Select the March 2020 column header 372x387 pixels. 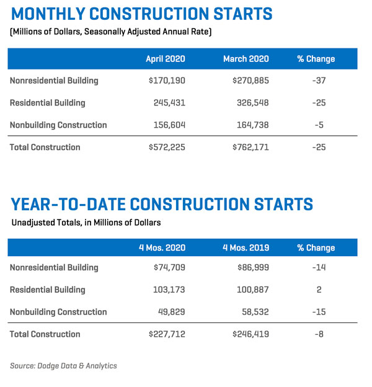coord(246,59)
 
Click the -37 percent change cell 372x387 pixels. coord(320,81)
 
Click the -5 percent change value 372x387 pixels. coord(320,125)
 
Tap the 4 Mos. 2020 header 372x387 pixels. coord(162,247)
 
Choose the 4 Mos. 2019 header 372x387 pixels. coord(246,247)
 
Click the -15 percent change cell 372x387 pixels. coord(320,312)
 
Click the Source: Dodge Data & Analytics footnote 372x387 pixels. coord(63,366)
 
